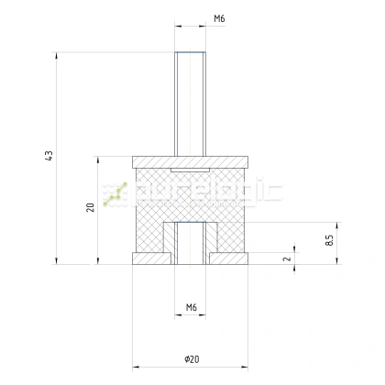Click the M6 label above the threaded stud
pyautogui.click(x=193, y=18)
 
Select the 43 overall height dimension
pyautogui.click(x=48, y=157)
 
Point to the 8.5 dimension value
pyautogui.click(x=328, y=240)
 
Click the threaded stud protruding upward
pyautogui.click(x=192, y=101)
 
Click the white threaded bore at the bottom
pyautogui.click(x=192, y=244)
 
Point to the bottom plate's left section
pyautogui.click(x=148, y=258)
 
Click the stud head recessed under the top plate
pyautogui.click(x=192, y=171)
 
